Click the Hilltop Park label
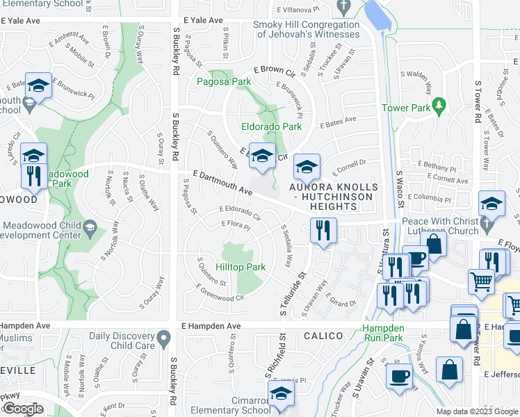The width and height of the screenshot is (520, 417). pos(241,267)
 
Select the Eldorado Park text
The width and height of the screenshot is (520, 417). pos(271,126)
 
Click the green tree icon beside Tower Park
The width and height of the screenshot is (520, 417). pos(438,105)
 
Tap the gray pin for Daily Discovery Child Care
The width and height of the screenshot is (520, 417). pos(163,338)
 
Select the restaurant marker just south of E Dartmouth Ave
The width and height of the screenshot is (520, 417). pos(323,230)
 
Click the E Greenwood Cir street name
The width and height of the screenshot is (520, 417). pos(220,293)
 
